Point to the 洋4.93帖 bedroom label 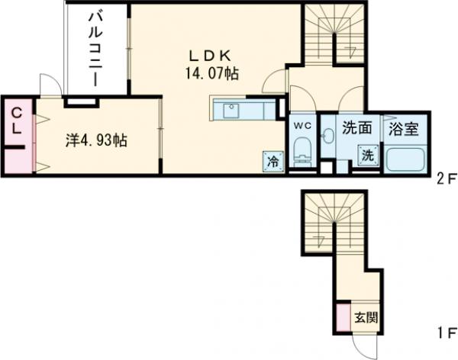pos(95,140)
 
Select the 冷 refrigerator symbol pos(273,160)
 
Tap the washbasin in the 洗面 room pos(328,137)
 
